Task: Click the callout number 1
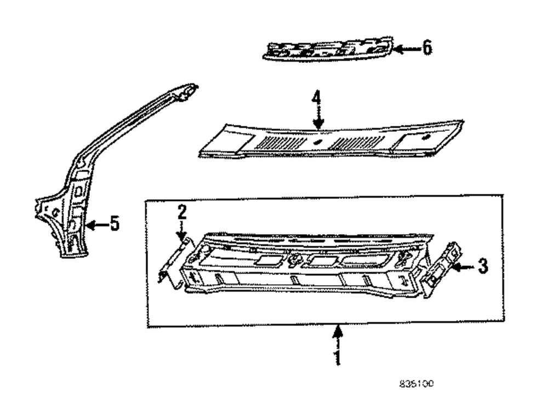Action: coord(337,357)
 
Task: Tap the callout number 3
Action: coord(481,267)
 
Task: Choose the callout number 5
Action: coord(114,224)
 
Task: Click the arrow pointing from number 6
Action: coord(407,49)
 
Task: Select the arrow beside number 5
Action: coord(96,224)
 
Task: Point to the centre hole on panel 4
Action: coord(317,141)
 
